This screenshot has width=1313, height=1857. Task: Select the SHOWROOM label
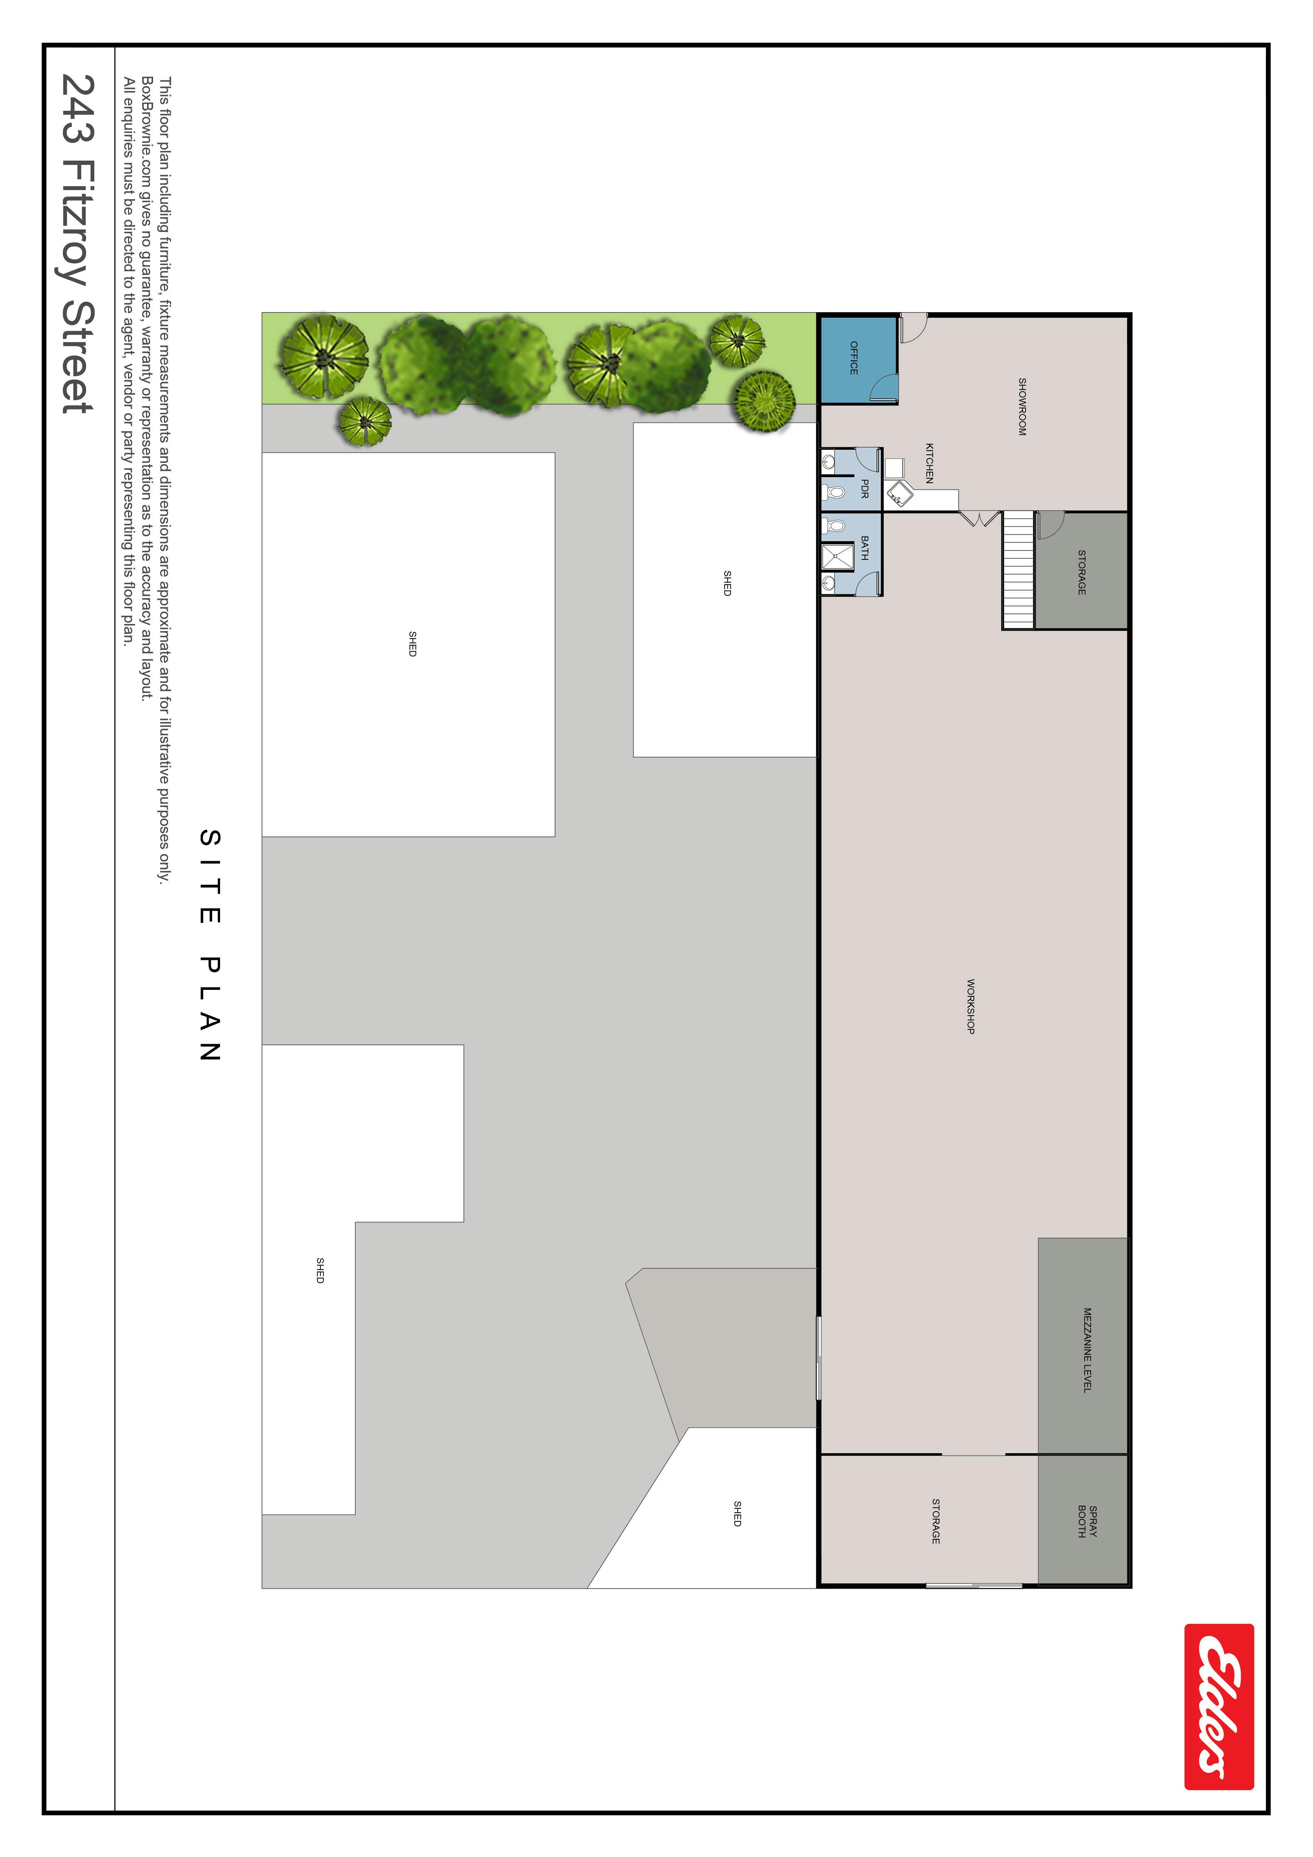pos(1022,407)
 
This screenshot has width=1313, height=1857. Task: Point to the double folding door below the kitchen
pos(980,518)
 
